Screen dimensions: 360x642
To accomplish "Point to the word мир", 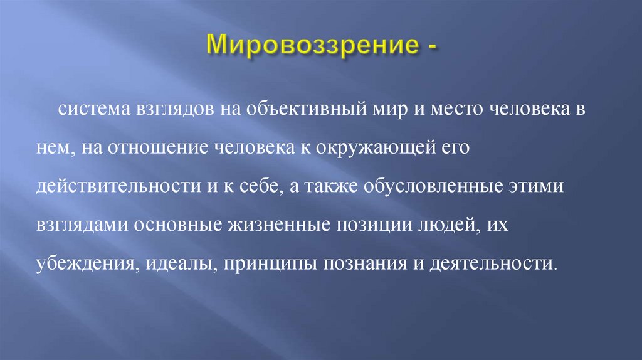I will [384, 111].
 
